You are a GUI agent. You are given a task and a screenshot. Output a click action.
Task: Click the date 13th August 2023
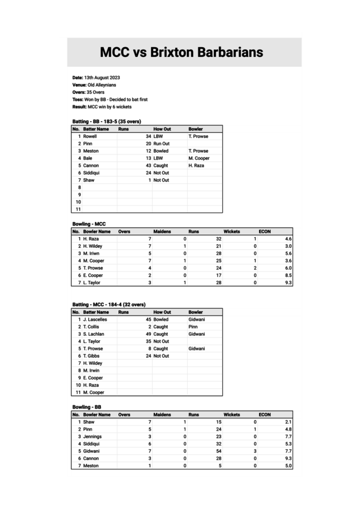[x=102, y=78]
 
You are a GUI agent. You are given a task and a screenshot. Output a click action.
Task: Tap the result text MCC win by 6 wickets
[x=108, y=107]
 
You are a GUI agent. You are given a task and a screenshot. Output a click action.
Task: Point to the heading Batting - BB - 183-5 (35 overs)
[x=107, y=122]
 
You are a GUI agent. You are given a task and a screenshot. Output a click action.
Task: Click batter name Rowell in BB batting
[x=90, y=136]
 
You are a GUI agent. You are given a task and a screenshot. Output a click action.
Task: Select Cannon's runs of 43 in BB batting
[x=149, y=165]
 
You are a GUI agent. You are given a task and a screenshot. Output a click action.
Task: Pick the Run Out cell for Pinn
[x=161, y=144]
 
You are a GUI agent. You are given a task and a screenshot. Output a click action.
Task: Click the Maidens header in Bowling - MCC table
[x=162, y=232]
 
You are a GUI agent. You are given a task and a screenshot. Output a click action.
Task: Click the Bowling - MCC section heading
[x=89, y=224]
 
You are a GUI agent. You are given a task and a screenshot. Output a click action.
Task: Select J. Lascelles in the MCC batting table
[x=95, y=319]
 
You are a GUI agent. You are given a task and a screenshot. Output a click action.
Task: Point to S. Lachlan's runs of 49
[x=149, y=334]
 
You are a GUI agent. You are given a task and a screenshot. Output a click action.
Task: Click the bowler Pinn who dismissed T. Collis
[x=193, y=327]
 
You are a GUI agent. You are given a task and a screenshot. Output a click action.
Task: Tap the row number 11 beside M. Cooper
[x=78, y=393]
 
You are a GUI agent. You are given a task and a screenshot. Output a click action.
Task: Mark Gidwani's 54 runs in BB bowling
[x=219, y=451]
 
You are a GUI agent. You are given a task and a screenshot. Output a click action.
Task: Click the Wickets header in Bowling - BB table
[x=232, y=415]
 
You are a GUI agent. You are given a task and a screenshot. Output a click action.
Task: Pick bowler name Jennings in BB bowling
[x=92, y=437]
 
